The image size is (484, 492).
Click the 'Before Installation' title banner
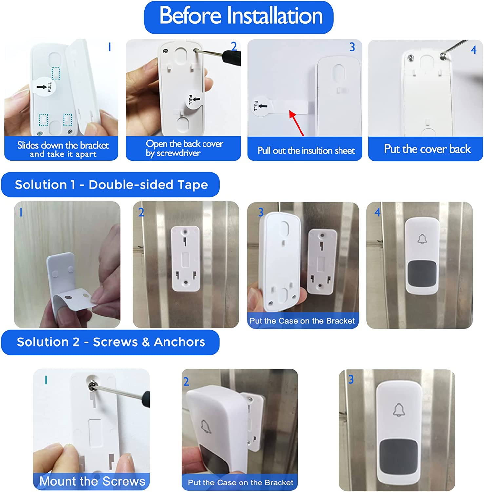(x=239, y=17)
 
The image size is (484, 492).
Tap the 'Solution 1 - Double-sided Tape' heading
(x=110, y=185)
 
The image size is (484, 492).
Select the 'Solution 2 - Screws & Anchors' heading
(x=110, y=342)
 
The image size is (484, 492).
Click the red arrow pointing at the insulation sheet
(x=297, y=123)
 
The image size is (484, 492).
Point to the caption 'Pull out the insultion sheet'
(x=306, y=151)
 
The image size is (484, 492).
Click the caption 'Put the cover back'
(x=427, y=149)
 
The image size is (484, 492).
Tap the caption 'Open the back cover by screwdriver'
(x=184, y=149)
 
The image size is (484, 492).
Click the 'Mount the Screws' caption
(x=92, y=481)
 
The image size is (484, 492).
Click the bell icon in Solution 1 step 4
(x=422, y=239)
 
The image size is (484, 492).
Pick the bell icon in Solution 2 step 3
(x=398, y=410)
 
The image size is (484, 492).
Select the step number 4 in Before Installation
(x=473, y=50)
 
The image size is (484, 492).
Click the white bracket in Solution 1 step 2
(x=185, y=258)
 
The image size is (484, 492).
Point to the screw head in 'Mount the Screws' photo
(x=93, y=385)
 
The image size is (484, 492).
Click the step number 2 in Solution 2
(x=186, y=381)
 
